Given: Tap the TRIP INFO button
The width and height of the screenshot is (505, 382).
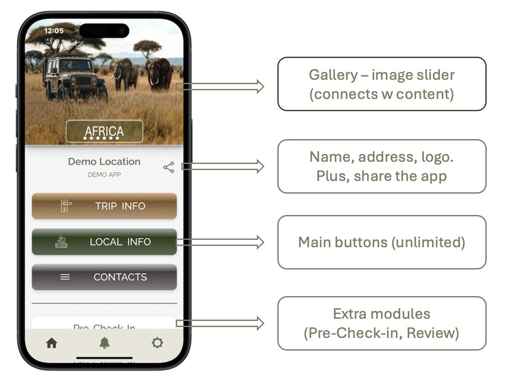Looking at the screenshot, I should [104, 206].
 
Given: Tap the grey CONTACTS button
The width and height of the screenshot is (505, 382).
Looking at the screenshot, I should [104, 277].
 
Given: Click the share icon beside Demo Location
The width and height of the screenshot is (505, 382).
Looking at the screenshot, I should [169, 167].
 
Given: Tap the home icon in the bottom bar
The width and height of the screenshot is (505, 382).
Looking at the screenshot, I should [51, 343].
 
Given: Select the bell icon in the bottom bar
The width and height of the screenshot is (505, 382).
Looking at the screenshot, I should [104, 343].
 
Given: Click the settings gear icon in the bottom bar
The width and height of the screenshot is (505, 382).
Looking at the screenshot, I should [157, 343].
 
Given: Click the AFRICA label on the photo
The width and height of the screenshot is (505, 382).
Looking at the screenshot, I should [104, 131].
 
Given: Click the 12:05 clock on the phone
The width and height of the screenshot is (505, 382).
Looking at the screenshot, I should [54, 31].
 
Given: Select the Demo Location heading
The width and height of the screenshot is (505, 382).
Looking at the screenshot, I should [104, 161].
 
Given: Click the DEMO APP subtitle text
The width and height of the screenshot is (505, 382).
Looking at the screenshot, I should [104, 174].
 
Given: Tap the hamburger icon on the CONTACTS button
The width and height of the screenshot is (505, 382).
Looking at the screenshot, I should [65, 277].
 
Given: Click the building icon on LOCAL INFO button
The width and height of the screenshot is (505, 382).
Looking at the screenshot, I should [61, 242].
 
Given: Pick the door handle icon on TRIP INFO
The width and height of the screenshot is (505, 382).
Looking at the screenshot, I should [66, 206].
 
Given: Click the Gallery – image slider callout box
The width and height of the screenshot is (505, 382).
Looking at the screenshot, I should [382, 84].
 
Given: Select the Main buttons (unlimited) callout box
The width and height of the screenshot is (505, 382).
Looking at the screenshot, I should [382, 242].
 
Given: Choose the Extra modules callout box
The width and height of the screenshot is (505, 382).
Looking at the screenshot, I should [382, 323].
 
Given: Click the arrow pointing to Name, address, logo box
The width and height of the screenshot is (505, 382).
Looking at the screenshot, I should [222, 166].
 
